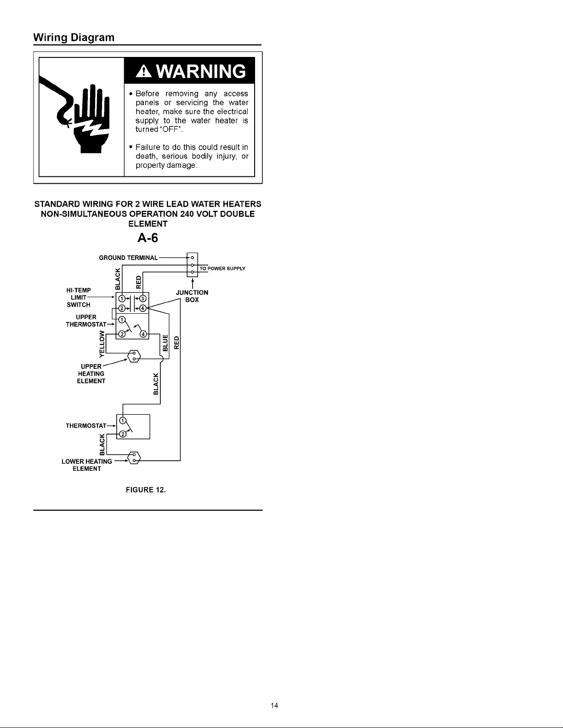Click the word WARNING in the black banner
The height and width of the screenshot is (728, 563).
[x=201, y=71]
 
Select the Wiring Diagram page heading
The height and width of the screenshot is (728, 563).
[x=74, y=37]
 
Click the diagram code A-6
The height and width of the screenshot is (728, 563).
[x=148, y=238]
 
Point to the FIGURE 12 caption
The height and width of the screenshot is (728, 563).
[x=146, y=490]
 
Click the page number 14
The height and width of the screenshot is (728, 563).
[x=274, y=705]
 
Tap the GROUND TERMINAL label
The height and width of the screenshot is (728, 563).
[x=128, y=258]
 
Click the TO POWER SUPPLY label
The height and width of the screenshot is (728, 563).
[x=222, y=268]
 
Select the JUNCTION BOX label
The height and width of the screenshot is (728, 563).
[x=192, y=296]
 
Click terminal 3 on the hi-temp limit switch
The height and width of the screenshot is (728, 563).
[x=143, y=299]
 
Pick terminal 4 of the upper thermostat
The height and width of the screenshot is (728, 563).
[x=143, y=334]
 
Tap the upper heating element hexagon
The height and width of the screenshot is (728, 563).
[x=134, y=356]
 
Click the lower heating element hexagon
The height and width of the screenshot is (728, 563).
[x=134, y=457]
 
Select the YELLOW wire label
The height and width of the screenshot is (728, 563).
[x=102, y=344]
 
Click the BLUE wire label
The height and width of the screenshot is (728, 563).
[x=165, y=343]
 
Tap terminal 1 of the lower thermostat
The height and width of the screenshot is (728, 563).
[x=123, y=420]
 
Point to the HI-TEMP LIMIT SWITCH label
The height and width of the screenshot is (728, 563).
[x=79, y=298]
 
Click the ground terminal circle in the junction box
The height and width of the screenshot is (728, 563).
[x=193, y=258]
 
